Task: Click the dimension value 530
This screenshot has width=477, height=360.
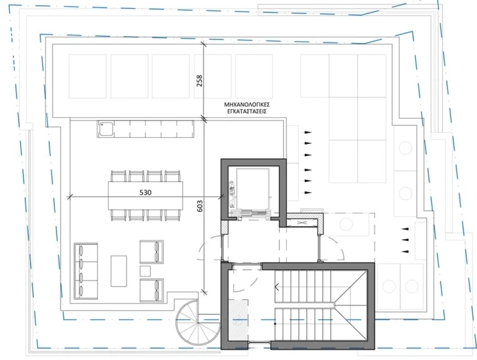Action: (x=145, y=192)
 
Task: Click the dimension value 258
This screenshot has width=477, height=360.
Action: (x=199, y=81)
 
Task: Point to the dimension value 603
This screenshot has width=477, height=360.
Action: (x=200, y=206)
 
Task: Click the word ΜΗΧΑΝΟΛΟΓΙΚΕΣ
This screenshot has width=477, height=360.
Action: (x=247, y=105)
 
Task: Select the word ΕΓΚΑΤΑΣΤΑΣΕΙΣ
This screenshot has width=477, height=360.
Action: (x=247, y=111)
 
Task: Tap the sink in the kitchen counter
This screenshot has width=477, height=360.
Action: (x=106, y=129)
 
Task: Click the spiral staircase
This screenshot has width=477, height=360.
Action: (x=198, y=322)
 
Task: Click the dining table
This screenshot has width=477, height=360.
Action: (x=145, y=196)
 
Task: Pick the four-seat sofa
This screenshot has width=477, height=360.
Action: (x=86, y=271)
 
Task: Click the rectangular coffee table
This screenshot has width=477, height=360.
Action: (x=119, y=271)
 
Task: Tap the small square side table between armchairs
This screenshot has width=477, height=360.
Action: (x=145, y=271)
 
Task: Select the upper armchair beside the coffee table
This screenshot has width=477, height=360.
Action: (x=152, y=252)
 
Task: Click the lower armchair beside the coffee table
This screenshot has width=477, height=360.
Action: (x=152, y=290)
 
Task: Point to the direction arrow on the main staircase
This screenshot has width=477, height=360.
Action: (x=277, y=286)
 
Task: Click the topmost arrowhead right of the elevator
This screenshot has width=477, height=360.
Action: (x=308, y=132)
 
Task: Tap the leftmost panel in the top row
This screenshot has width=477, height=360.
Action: (x=88, y=76)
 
